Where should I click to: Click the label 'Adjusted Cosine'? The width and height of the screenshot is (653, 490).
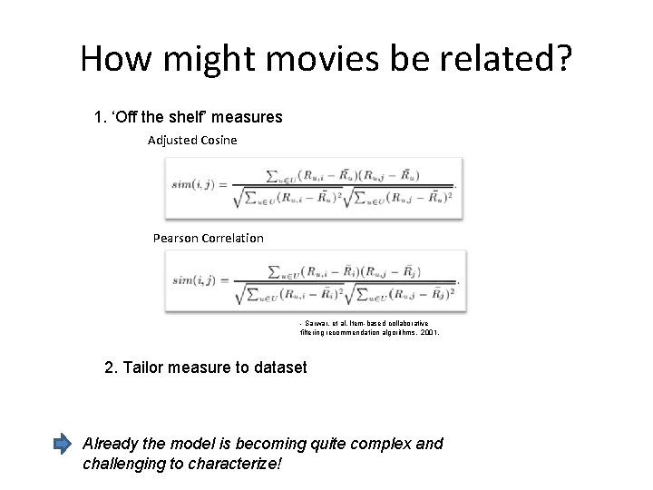tap(192, 140)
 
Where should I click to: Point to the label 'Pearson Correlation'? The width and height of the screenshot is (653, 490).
tap(209, 238)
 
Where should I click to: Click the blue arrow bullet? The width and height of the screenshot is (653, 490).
tap(62, 445)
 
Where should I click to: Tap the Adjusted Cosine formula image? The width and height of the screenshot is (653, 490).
tap(313, 188)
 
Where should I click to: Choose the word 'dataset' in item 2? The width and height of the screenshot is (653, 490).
tap(279, 367)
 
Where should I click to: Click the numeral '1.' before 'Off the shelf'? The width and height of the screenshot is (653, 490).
tap(101, 117)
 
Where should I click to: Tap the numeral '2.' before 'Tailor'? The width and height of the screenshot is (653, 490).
tap(112, 367)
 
